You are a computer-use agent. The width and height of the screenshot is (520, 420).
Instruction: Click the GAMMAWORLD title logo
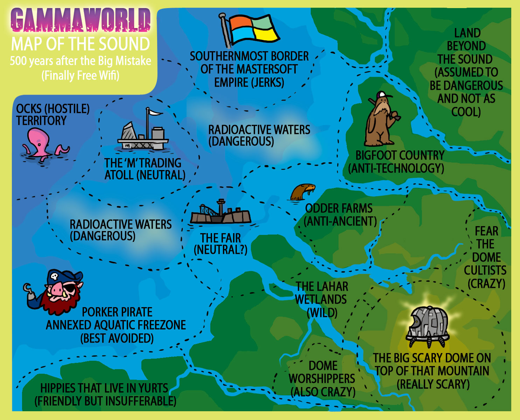tap(80, 20)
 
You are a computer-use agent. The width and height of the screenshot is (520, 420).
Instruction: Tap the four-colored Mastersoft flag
tap(252, 30)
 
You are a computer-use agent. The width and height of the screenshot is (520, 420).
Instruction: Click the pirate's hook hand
tap(28, 289)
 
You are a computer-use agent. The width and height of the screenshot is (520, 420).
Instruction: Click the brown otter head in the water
tap(302, 191)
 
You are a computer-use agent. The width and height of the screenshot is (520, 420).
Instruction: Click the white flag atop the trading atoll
tap(154, 112)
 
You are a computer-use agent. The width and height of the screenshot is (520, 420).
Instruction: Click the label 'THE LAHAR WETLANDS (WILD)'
tap(321, 299)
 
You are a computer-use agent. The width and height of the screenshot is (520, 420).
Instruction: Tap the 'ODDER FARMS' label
tap(339, 208)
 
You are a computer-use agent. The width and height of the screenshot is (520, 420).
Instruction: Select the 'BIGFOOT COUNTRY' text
tap(400, 155)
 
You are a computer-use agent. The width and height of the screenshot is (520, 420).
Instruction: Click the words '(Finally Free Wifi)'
tap(80, 75)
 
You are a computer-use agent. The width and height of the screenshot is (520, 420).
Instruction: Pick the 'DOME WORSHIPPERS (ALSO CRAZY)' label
tap(322, 379)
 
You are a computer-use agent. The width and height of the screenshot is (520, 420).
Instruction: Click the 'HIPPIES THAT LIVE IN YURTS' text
tap(104, 388)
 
